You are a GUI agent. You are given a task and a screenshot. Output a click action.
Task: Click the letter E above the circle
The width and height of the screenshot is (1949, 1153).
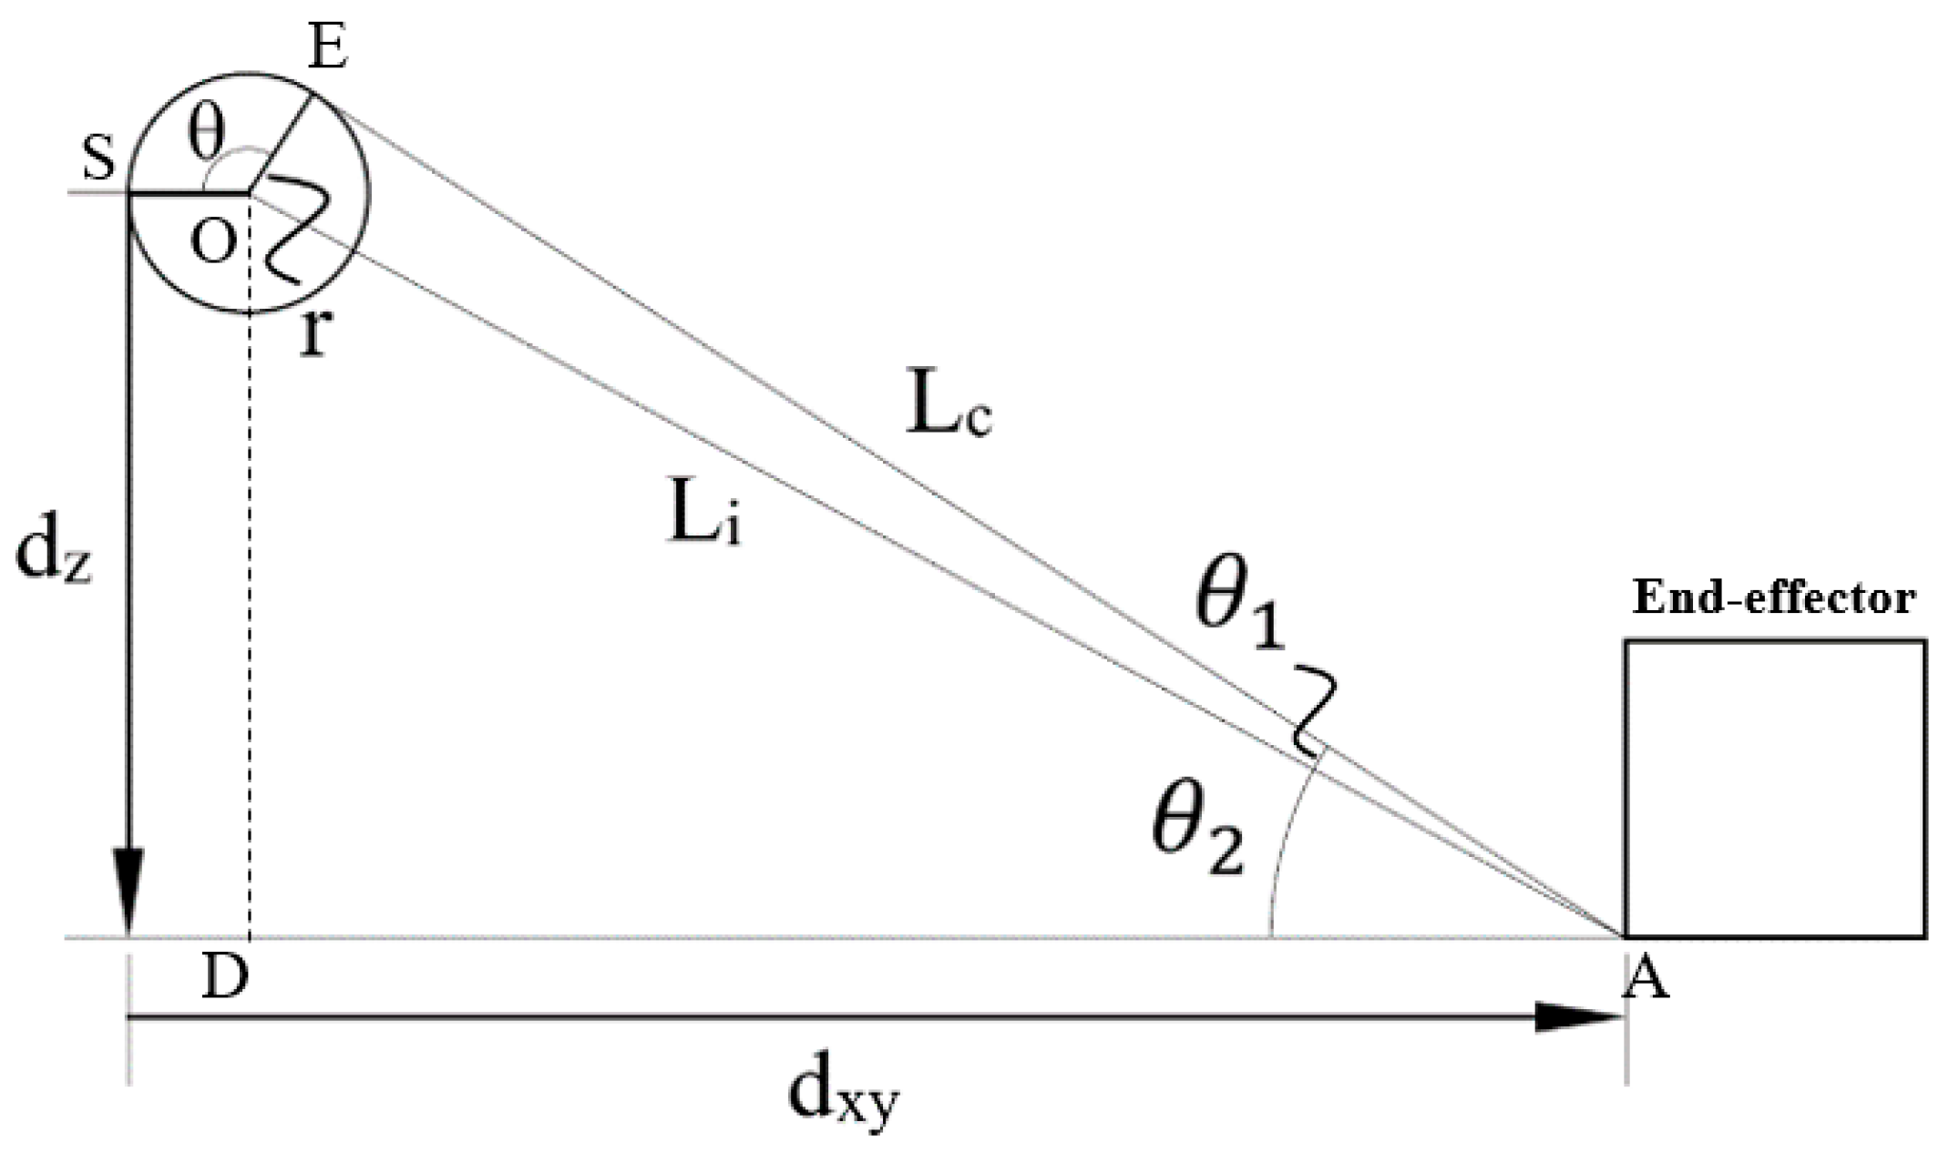tap(328, 49)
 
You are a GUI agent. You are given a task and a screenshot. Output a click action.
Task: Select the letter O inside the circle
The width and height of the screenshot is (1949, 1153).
tap(213, 242)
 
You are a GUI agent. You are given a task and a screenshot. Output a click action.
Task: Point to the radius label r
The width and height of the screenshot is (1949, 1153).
tap(313, 335)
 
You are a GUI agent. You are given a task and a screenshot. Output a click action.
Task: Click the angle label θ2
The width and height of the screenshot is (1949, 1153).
tap(1197, 832)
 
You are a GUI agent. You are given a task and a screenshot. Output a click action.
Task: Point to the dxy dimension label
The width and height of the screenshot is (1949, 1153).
tap(843, 1097)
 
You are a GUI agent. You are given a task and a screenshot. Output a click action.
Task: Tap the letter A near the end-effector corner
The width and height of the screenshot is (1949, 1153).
tap(1647, 981)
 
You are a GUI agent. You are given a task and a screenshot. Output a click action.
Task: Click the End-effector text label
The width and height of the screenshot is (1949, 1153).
tap(1773, 598)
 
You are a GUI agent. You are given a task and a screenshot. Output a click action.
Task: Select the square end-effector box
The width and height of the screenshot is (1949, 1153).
tap(1774, 789)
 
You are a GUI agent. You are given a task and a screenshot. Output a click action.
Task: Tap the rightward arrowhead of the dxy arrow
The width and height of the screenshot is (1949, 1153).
tap(1576, 1016)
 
